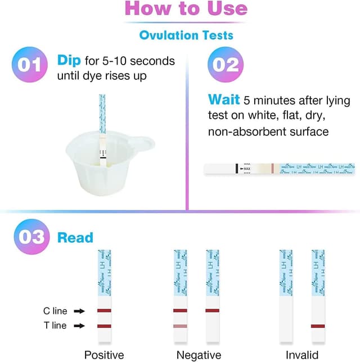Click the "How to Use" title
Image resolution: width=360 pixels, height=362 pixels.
tap(186, 9)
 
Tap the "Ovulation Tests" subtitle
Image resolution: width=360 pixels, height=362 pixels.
tap(186, 35)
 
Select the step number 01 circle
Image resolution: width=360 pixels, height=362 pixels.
tap(29, 65)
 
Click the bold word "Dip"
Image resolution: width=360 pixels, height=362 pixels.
tap(69, 60)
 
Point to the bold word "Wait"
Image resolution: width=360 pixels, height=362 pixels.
tap(224, 100)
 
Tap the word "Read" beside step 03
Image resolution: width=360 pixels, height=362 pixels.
tap(75, 237)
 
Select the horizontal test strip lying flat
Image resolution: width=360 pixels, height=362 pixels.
tap(280, 168)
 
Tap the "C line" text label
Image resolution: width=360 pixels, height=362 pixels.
tap(55, 311)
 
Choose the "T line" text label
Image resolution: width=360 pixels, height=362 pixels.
tap(55, 325)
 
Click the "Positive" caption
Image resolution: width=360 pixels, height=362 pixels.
tap(104, 355)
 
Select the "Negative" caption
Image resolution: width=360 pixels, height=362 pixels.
tap(198, 355)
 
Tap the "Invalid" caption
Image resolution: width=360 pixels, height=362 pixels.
tap(302, 355)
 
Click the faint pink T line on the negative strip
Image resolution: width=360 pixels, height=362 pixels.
tap(180, 326)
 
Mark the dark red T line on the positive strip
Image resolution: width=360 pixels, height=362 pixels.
tap(105, 326)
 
